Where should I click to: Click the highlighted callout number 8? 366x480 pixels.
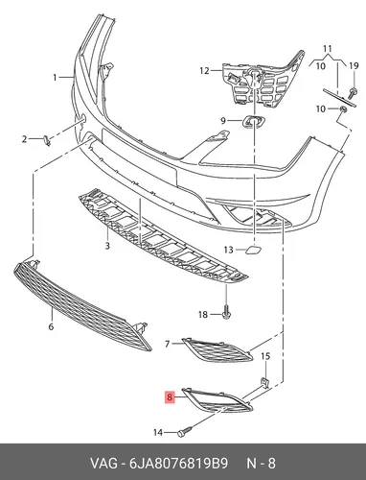pos(170,397)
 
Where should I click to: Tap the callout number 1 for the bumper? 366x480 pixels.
pos(55,78)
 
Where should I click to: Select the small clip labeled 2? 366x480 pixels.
pos(47,140)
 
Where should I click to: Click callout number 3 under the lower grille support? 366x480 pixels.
pos(107,246)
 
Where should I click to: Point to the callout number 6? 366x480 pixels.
pos(51,326)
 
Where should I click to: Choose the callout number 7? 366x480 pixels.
pos(167,344)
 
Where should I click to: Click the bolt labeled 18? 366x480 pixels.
pos(226,315)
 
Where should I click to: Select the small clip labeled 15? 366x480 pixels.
pos(265,382)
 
